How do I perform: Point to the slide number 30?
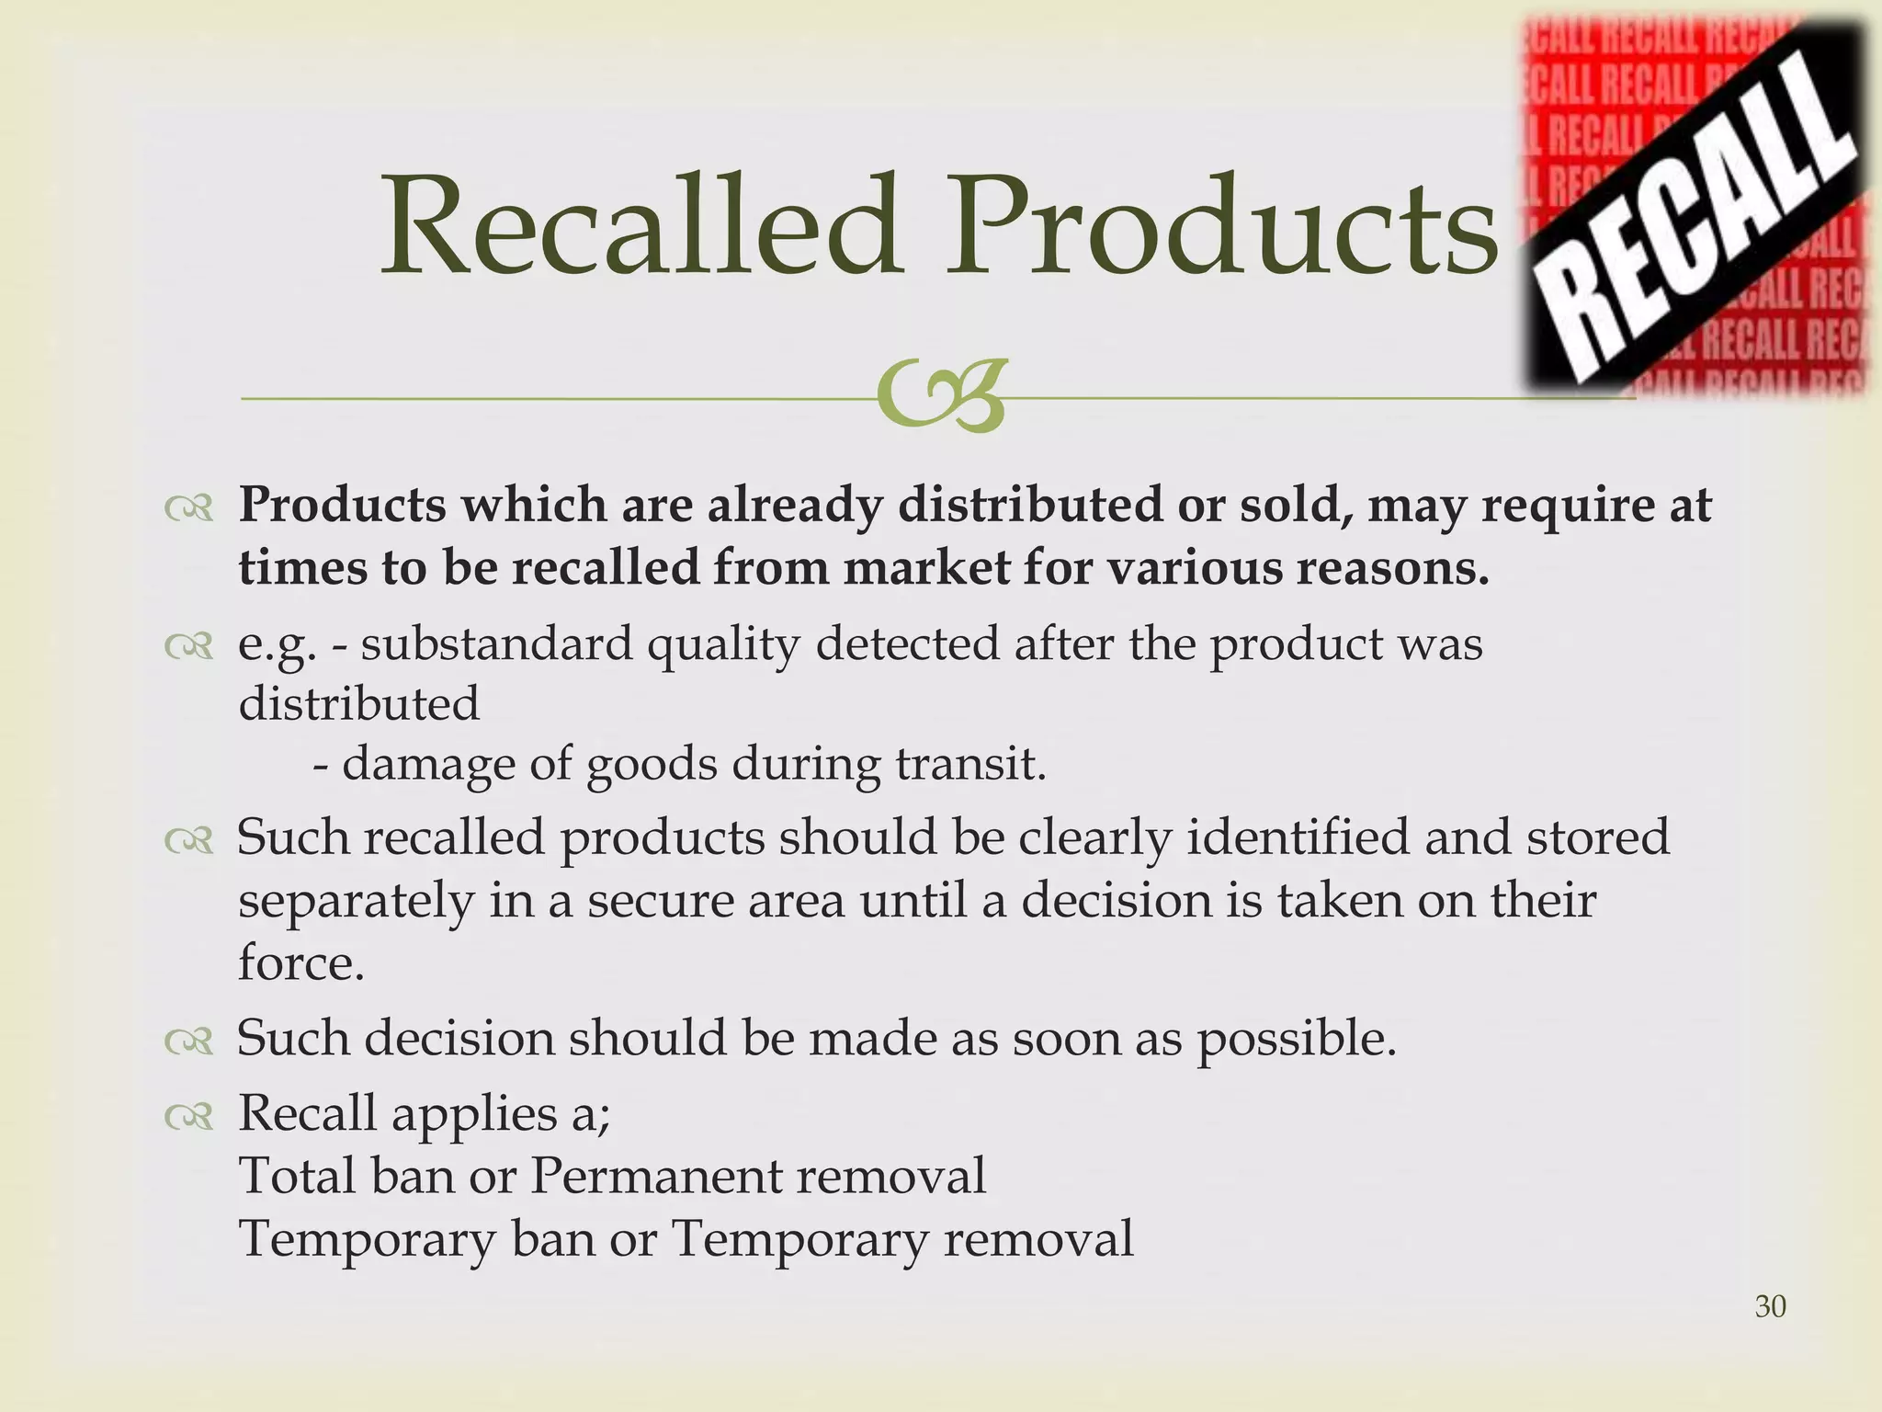coord(1770,1306)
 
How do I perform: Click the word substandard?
coord(496,643)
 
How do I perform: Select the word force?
coord(301,962)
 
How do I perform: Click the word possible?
coord(1296,1039)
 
